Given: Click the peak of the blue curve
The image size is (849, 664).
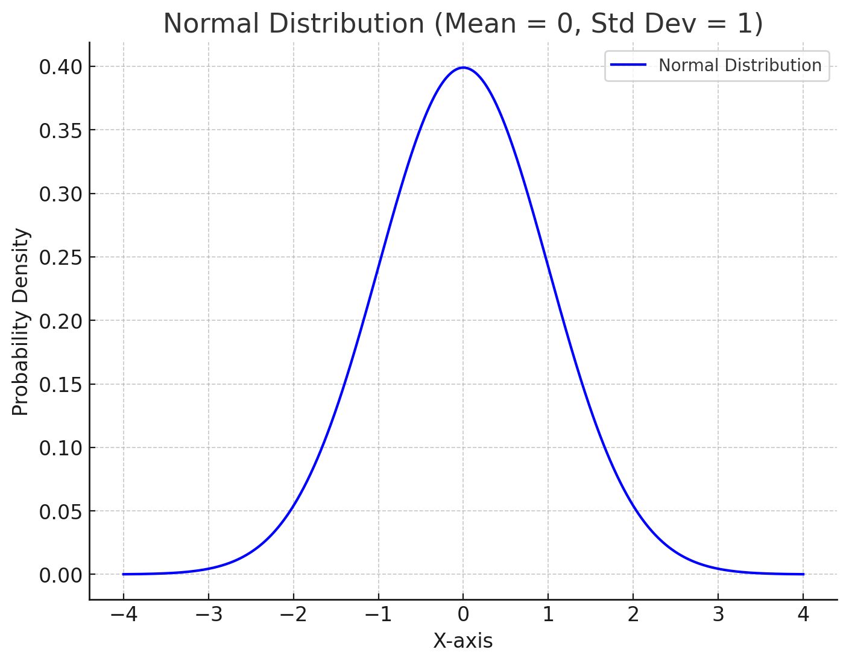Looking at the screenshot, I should [463, 68].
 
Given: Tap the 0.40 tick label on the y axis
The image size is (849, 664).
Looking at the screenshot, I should [60, 67].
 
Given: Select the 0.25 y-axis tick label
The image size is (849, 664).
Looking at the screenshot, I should [60, 258].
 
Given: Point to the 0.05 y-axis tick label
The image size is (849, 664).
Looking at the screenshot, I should [60, 512].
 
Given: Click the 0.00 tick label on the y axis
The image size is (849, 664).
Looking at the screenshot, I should [60, 575].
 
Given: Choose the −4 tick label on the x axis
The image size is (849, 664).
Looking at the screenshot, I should [124, 615].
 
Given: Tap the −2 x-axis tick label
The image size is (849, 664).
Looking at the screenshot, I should [293, 615].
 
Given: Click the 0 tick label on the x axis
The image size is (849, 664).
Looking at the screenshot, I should [463, 615].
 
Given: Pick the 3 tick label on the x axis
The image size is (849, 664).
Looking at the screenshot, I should [718, 615].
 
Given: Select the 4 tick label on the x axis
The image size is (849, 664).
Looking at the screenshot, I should [803, 615].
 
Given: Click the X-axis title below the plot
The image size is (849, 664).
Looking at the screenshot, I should [462, 641].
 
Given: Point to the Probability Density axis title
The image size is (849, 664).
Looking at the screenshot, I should [21, 321].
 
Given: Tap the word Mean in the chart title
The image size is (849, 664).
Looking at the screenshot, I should [476, 24].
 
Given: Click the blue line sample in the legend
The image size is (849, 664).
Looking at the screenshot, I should [628, 65].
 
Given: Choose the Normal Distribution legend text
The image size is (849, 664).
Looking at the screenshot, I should [739, 65].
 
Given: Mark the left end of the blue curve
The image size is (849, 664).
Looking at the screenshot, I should [124, 574].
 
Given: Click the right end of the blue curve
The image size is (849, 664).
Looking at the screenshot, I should [803, 574].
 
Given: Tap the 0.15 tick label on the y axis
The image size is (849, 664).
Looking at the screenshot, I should [60, 385].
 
